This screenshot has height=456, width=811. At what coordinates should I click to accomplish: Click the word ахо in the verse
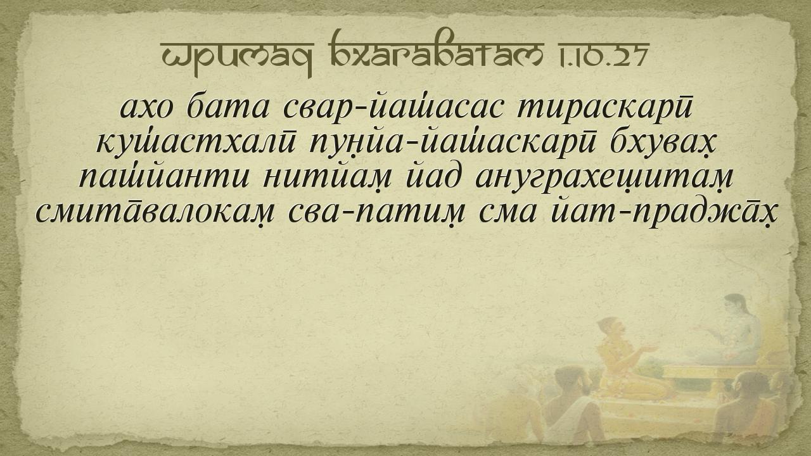146,108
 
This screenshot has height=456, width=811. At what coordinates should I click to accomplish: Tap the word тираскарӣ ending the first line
604,110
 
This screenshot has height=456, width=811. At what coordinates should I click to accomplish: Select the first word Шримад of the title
237,57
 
